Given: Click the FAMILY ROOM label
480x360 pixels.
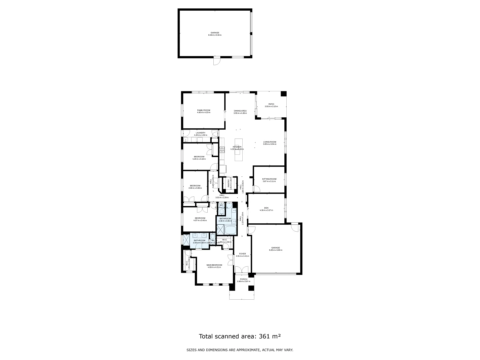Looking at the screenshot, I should coord(204,110).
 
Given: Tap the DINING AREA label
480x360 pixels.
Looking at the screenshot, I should coord(240,111).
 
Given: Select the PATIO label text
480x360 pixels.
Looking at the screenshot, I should coord(271,104).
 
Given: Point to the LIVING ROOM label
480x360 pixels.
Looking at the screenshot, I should coord(270,142).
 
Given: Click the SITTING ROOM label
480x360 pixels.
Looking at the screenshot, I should coord(269,179).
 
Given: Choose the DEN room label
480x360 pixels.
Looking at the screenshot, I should coord(266,208).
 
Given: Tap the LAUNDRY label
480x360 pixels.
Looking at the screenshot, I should coord(200,133).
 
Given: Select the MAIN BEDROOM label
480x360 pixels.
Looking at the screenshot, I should coord(214,265).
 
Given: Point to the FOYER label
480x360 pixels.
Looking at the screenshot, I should coord(242,254).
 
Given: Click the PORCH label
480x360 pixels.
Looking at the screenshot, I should coord(244,279).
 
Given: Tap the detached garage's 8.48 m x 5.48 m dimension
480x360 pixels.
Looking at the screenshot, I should coord(215,35).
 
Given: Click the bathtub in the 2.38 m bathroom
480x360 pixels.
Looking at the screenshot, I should coord(230,230).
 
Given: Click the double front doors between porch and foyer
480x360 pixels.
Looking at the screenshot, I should coord(242,270).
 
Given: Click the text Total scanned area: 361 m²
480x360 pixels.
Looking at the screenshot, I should coord(240,336).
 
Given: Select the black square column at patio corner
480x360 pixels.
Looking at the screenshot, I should coord(283,94).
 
